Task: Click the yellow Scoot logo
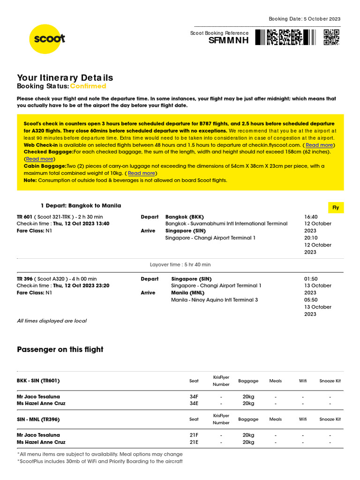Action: coord(47,39)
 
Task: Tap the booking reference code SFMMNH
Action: coord(228,41)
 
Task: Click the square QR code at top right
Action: coord(331,37)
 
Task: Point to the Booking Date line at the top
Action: coord(304,19)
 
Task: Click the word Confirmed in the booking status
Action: coord(88,86)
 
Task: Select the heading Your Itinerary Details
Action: coord(65,78)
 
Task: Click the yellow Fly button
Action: coord(336,208)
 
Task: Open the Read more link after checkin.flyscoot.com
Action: coord(319,145)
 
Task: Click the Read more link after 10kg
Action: coord(141,173)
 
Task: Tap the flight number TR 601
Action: coord(24,217)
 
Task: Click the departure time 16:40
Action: coord(311,217)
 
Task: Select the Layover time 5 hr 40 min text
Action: coord(180,265)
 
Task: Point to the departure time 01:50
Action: coord(311,279)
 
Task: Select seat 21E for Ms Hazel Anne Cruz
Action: coord(194,442)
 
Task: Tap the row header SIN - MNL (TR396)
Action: coord(38,419)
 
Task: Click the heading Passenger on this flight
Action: coord(60,350)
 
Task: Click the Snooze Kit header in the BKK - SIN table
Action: coord(330,381)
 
